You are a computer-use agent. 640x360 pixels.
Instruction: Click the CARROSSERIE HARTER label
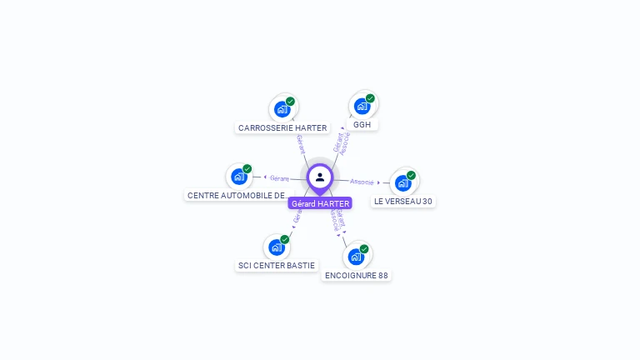coord(282,128)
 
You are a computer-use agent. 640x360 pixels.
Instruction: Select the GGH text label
coord(362,125)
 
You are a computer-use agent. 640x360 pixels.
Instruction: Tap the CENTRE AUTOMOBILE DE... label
coord(237,196)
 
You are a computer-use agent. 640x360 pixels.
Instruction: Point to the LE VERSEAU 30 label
coord(403,202)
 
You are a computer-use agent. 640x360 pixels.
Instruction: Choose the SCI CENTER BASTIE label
coord(277,266)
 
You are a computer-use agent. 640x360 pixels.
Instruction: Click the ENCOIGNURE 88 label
coord(357,275)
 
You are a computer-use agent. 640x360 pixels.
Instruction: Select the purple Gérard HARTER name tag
coord(320,203)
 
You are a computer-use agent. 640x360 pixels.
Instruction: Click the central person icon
coord(320,177)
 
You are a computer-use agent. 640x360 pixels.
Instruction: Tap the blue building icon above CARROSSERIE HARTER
coord(282,108)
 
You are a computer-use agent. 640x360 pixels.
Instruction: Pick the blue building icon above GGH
coord(362,106)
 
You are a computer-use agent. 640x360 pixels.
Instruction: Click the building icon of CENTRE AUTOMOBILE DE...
coord(239,176)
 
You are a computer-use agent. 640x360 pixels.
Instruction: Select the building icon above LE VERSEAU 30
coord(403,182)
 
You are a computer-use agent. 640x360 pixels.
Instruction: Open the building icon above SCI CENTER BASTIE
coord(277,247)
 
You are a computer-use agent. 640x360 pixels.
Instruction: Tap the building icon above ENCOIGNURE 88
coord(356,256)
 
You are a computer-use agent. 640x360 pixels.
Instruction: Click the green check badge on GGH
coord(370,98)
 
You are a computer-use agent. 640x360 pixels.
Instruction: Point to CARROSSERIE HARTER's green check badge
coord(290,101)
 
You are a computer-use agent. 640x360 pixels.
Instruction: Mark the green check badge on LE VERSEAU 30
coord(411,175)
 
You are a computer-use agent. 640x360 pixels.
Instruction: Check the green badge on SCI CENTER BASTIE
coord(284,239)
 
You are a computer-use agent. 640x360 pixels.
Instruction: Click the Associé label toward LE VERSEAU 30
coord(362,181)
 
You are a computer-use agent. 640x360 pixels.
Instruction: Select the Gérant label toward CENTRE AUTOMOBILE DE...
coord(279,177)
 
